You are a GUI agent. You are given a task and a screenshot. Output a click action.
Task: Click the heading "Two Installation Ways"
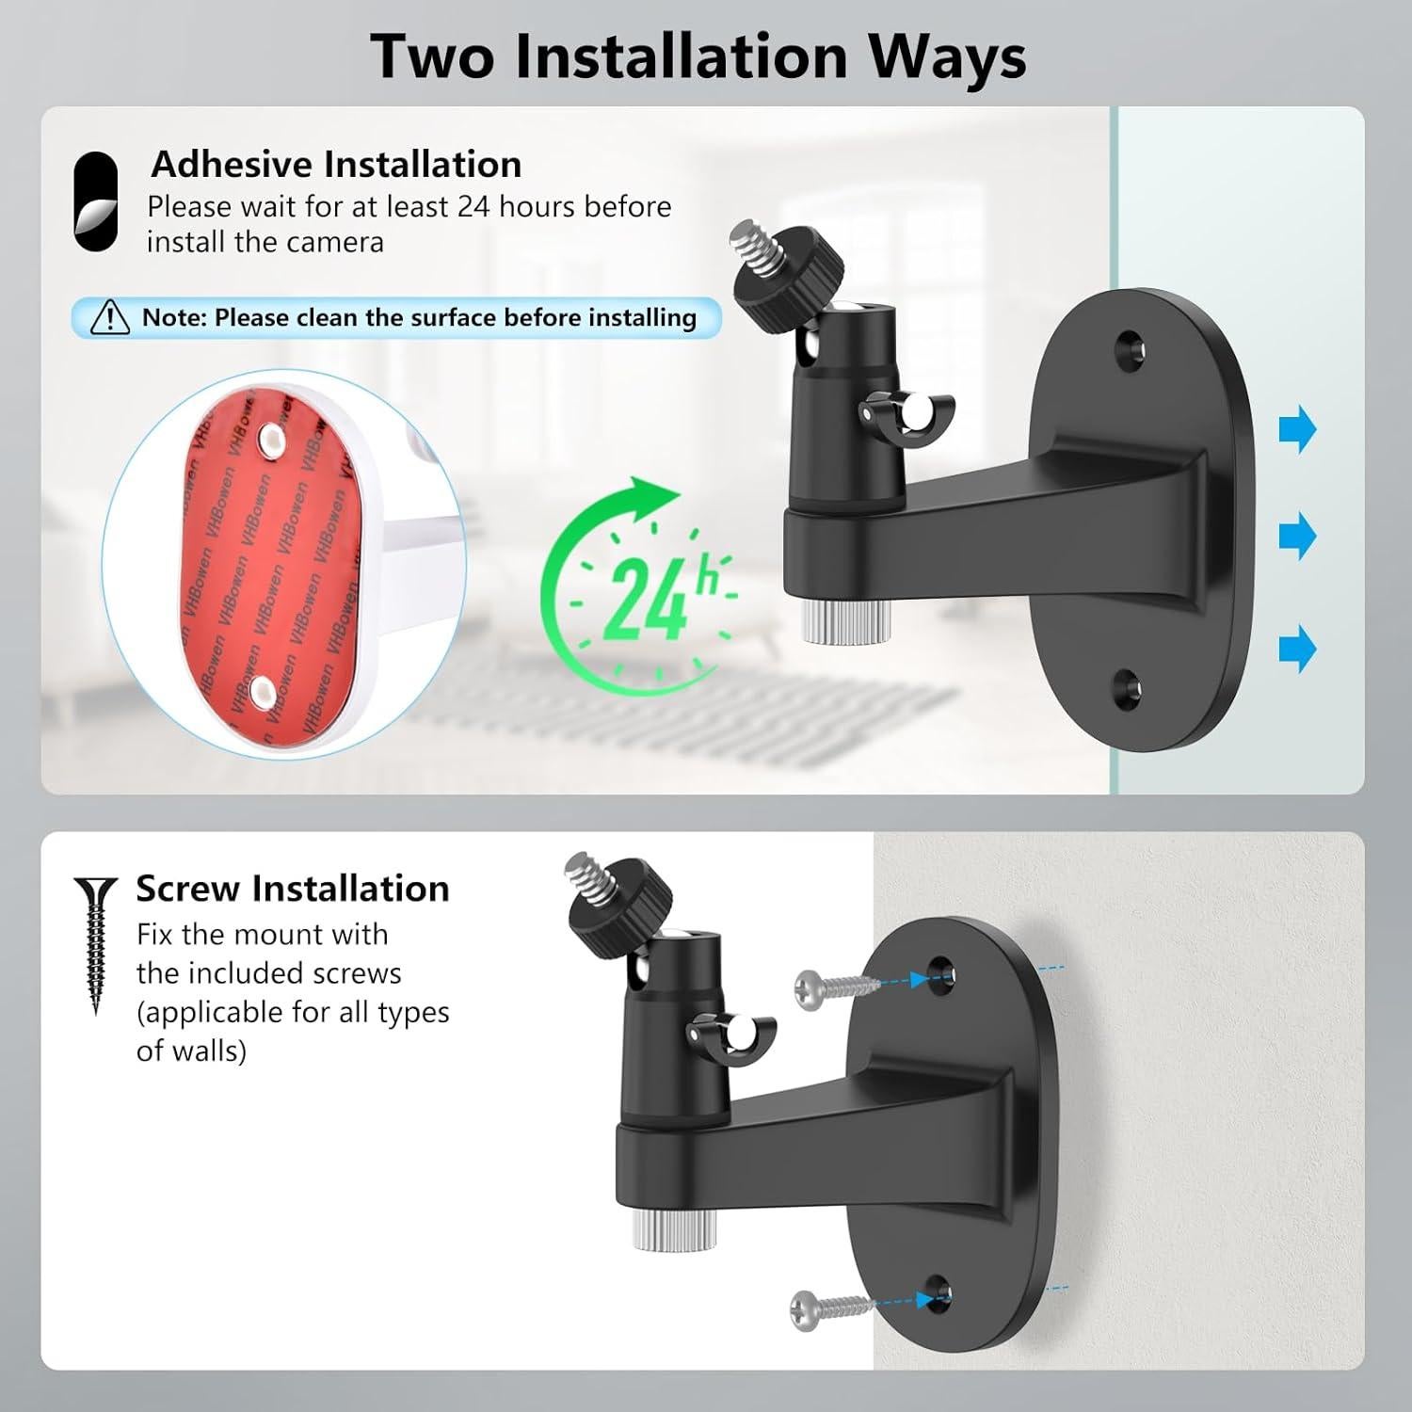tap(698, 56)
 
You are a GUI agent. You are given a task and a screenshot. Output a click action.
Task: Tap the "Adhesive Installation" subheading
tap(336, 164)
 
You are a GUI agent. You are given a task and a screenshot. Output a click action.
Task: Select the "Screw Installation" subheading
tap(292, 888)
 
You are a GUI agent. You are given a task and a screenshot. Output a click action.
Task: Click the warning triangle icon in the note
tap(109, 317)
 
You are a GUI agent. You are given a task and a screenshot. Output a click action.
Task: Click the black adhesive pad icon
tap(96, 202)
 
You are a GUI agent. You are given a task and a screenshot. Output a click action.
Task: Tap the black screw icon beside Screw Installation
tap(95, 942)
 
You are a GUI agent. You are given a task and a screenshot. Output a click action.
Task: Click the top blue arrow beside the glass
tap(1297, 429)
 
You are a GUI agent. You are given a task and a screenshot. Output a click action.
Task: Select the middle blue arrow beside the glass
tap(1297, 537)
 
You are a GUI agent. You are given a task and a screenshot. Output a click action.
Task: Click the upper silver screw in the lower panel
tap(836, 986)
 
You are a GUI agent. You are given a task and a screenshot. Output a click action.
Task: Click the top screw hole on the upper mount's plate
tap(1130, 346)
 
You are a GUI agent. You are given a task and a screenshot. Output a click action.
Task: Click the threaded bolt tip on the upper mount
tap(754, 246)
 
